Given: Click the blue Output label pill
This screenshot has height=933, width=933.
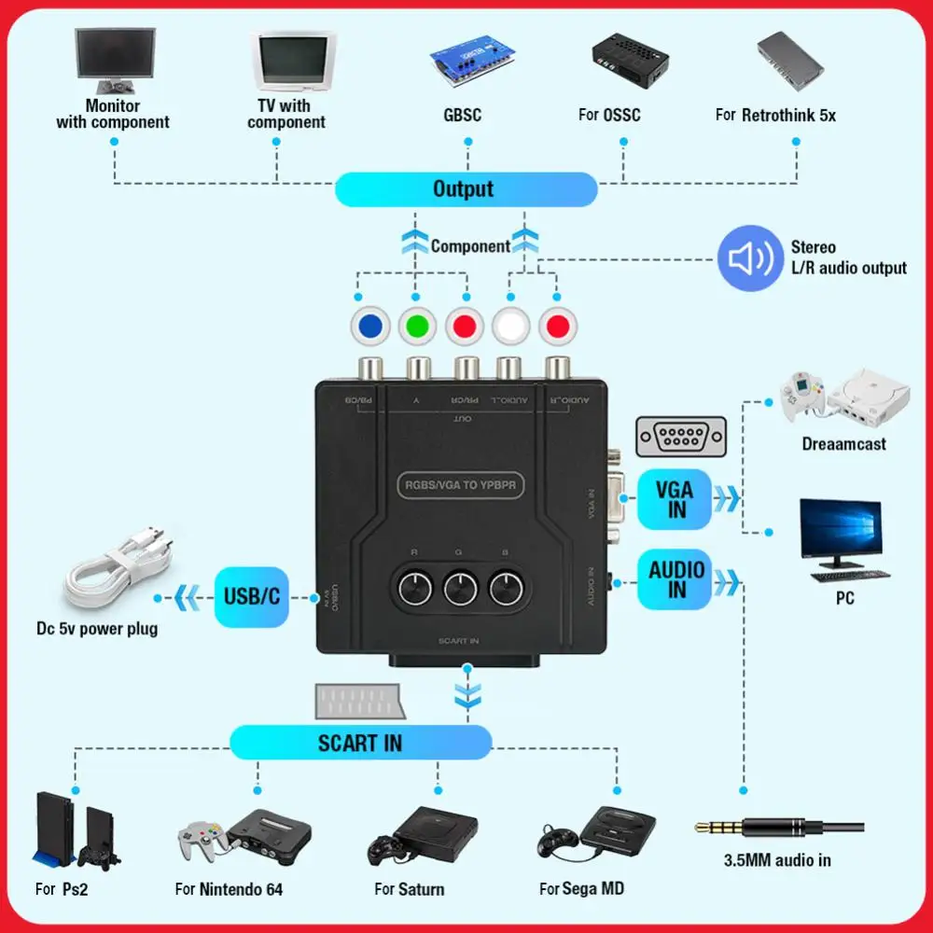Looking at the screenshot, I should [x=465, y=189].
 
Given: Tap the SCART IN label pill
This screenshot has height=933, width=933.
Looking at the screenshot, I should [x=360, y=743].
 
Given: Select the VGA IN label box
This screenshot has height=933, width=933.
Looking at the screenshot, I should [x=674, y=499].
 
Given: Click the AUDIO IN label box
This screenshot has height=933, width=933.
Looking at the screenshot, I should [x=675, y=579].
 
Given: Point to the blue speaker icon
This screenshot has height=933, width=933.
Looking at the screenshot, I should [x=749, y=258].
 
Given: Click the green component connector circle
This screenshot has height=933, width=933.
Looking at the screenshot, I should [x=417, y=327].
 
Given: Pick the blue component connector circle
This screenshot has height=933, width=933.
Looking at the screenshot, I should [x=369, y=327].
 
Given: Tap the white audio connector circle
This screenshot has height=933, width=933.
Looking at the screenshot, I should [x=511, y=327].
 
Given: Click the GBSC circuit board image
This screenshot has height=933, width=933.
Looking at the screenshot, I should [x=464, y=63].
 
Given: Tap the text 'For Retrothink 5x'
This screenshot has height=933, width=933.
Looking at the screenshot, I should [x=775, y=116].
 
